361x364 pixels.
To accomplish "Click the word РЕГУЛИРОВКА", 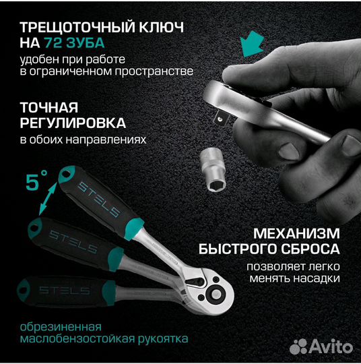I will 73,124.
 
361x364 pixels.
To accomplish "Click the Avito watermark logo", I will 320,346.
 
